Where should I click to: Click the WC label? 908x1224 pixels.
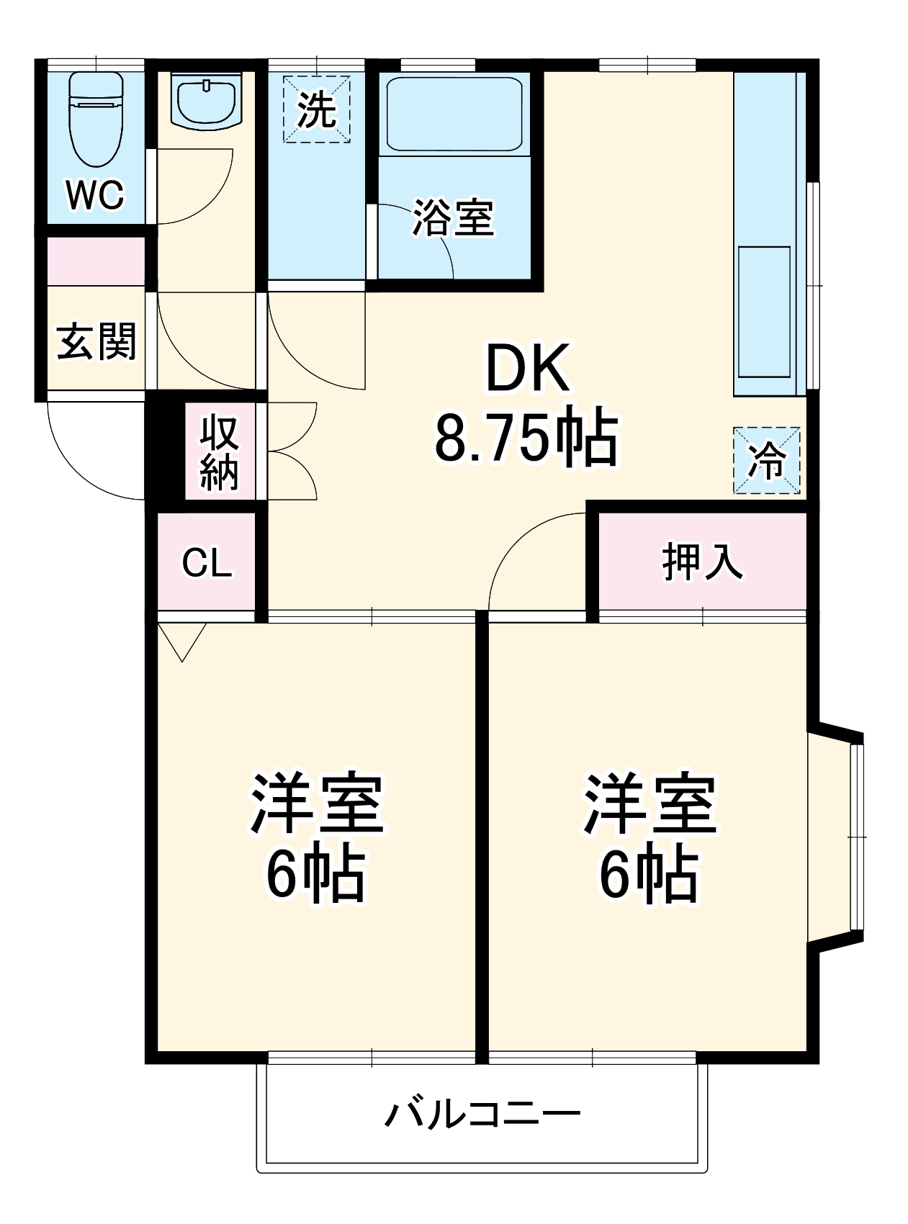[95, 194]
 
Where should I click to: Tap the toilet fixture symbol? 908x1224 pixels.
[96, 119]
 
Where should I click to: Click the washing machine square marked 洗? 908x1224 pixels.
[316, 109]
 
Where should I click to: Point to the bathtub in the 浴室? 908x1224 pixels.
[454, 114]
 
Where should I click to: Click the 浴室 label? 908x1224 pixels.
[454, 217]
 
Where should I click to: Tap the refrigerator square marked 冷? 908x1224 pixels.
[766, 461]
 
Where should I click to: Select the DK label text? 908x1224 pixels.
[527, 368]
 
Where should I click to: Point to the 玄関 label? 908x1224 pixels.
[96, 341]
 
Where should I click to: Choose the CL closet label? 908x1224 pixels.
[207, 562]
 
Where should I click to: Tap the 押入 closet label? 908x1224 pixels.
[702, 561]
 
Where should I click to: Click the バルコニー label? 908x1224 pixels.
[482, 1114]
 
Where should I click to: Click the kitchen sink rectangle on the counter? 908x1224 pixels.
[763, 311]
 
